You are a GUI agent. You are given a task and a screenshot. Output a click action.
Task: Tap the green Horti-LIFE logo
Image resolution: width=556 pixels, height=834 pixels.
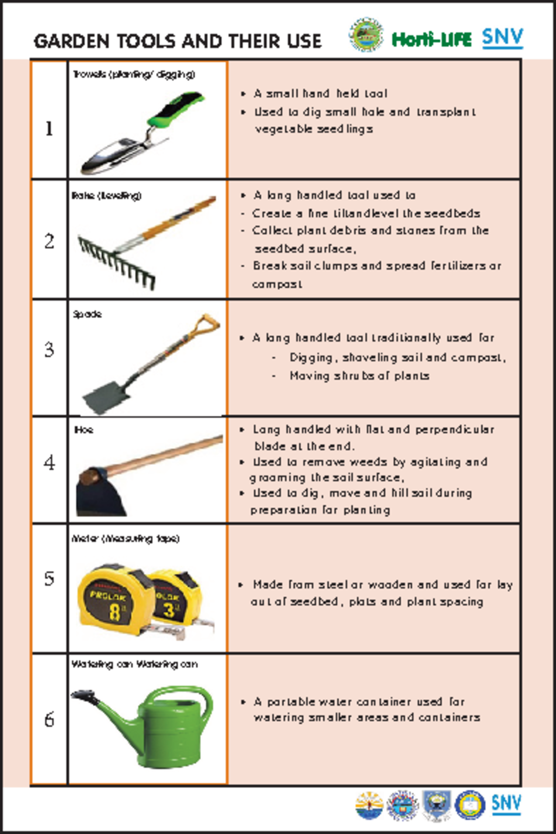(x=431, y=39)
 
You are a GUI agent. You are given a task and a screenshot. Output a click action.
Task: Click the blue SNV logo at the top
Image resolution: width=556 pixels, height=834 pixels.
(x=502, y=37)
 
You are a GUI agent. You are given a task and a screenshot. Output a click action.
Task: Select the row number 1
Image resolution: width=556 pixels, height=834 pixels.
(x=49, y=128)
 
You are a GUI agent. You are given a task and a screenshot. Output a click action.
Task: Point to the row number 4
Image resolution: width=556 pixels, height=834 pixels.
(x=49, y=462)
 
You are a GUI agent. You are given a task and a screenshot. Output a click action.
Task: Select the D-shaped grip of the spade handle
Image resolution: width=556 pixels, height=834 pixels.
(x=205, y=325)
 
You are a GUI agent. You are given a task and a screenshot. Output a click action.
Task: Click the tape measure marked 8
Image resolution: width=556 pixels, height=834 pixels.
(x=111, y=600)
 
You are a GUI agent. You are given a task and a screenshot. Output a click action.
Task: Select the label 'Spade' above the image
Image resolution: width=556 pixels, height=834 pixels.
(x=87, y=314)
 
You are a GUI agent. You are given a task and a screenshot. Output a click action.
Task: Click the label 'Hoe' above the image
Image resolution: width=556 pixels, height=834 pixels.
(x=84, y=430)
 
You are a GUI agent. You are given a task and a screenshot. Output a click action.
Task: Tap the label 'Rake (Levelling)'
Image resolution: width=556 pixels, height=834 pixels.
(x=107, y=196)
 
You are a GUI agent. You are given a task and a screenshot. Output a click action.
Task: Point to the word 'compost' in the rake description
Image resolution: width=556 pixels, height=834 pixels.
(x=277, y=284)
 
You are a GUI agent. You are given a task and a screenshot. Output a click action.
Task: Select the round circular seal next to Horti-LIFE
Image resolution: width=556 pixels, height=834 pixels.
(x=366, y=35)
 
